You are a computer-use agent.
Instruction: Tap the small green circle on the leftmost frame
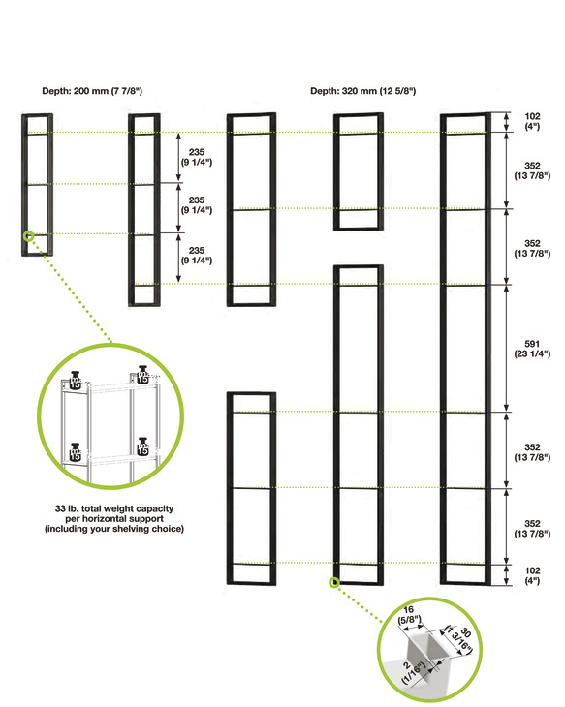tap(30, 235)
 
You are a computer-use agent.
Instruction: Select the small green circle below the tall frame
tap(334, 583)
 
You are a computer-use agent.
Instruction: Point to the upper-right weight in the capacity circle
tap(143, 374)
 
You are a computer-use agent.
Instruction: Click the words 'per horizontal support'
tap(112, 519)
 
